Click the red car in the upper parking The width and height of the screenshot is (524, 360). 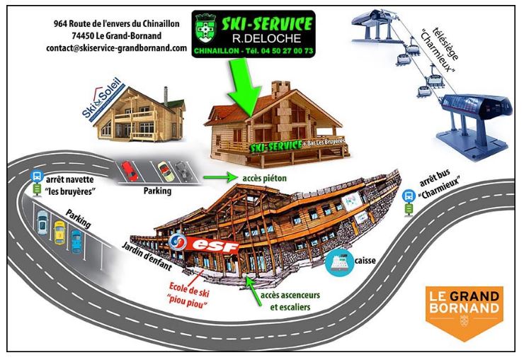(x=130, y=171)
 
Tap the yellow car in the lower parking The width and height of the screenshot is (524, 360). (x=59, y=232)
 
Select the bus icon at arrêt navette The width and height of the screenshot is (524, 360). (x=37, y=176)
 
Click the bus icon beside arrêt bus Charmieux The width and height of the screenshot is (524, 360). (x=409, y=196)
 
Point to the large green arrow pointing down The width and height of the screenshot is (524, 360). (x=245, y=88)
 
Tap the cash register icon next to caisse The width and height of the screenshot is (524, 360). (x=339, y=263)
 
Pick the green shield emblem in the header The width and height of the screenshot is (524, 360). (x=205, y=28)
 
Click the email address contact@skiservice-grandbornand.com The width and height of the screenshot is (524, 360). (x=116, y=48)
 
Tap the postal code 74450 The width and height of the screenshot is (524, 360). (x=83, y=35)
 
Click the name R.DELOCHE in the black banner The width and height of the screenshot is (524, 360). (x=266, y=39)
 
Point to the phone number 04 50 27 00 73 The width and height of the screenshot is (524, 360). (x=287, y=51)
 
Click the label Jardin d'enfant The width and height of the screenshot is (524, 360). (x=147, y=256)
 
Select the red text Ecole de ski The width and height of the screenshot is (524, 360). (x=189, y=289)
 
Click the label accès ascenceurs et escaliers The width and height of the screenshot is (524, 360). (x=290, y=301)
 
